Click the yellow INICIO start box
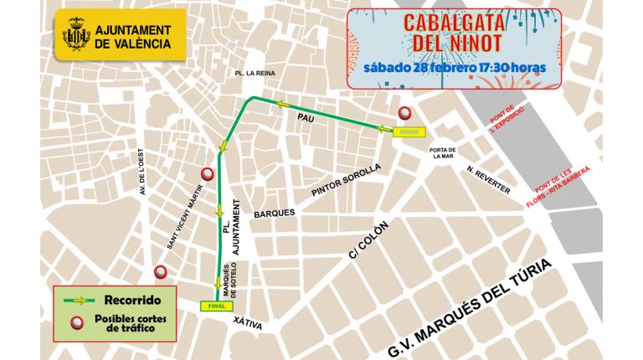[x=409, y=131]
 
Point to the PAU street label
[x=306, y=120]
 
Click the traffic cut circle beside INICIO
[x=404, y=114]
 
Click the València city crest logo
[x=76, y=36]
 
